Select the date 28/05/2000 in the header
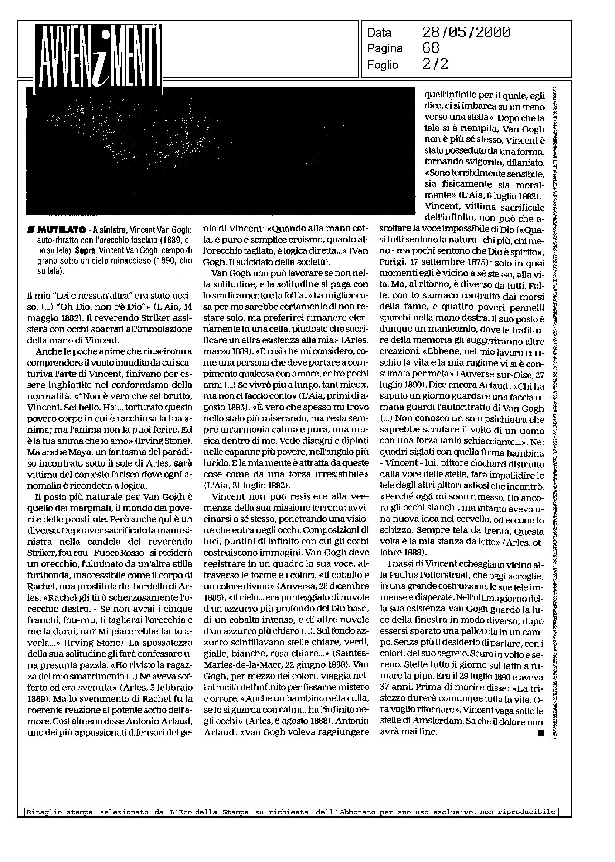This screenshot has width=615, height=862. coord(466,33)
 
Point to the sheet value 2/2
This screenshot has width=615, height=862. coord(435,64)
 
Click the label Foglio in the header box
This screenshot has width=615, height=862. coord(383,65)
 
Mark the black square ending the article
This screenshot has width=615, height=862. coord(540,734)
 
